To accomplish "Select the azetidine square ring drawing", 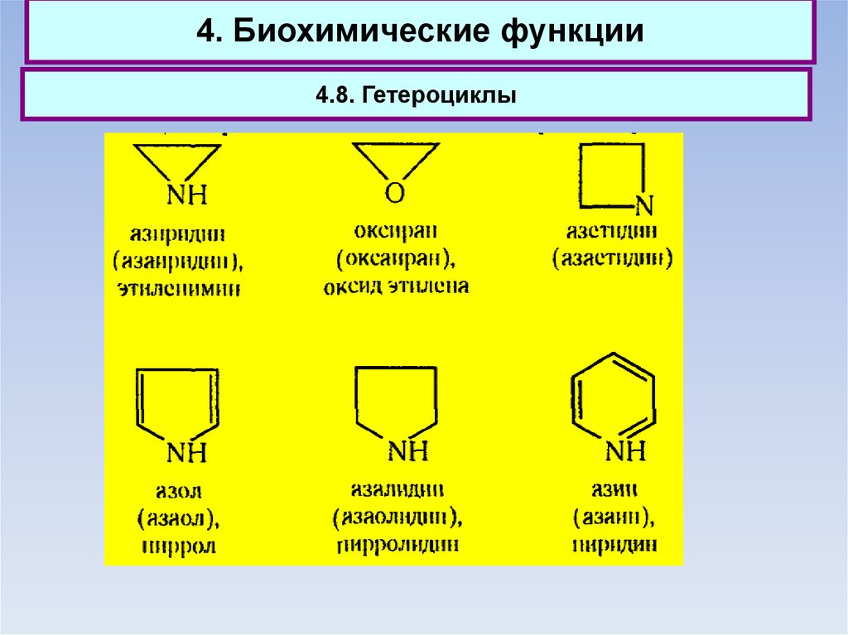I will (x=611, y=175).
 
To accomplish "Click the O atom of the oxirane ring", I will (x=395, y=194).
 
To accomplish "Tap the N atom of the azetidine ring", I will (x=643, y=204).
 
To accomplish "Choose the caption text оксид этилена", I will (x=395, y=286).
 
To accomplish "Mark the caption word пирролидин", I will (x=397, y=545).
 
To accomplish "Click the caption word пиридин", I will (x=614, y=545).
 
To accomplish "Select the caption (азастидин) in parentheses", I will (x=613, y=257).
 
